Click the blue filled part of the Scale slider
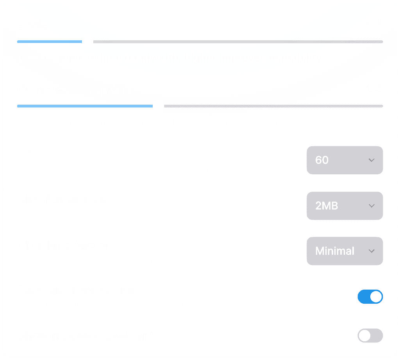pos(49,41)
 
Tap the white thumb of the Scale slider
pos(87,41)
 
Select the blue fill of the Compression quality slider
pos(84,106)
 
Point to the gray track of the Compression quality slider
pos(273,106)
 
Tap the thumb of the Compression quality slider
pos(158,106)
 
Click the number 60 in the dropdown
pos(322,160)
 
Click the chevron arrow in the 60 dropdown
pos(372,160)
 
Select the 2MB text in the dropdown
pos(327,206)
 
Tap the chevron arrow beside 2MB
pos(372,206)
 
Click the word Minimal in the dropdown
pos(335,251)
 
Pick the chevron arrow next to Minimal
pos(372,251)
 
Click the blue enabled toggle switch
pos(370,297)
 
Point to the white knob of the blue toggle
pos(376,297)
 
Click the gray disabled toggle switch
pos(370,336)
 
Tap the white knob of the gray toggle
pos(364,336)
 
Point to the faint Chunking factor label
pos(63,245)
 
